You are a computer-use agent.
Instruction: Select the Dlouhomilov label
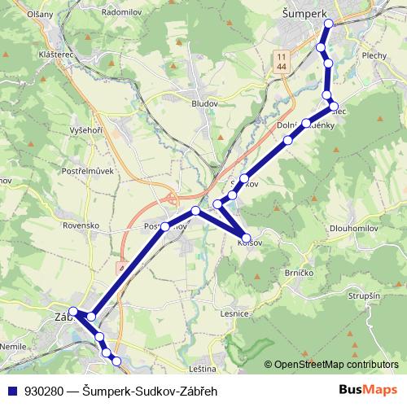point(358,229)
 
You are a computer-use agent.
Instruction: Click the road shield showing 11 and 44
point(281,59)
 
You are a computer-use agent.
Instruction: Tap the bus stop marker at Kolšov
point(247,239)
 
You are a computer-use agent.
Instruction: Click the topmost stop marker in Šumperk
point(329,24)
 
